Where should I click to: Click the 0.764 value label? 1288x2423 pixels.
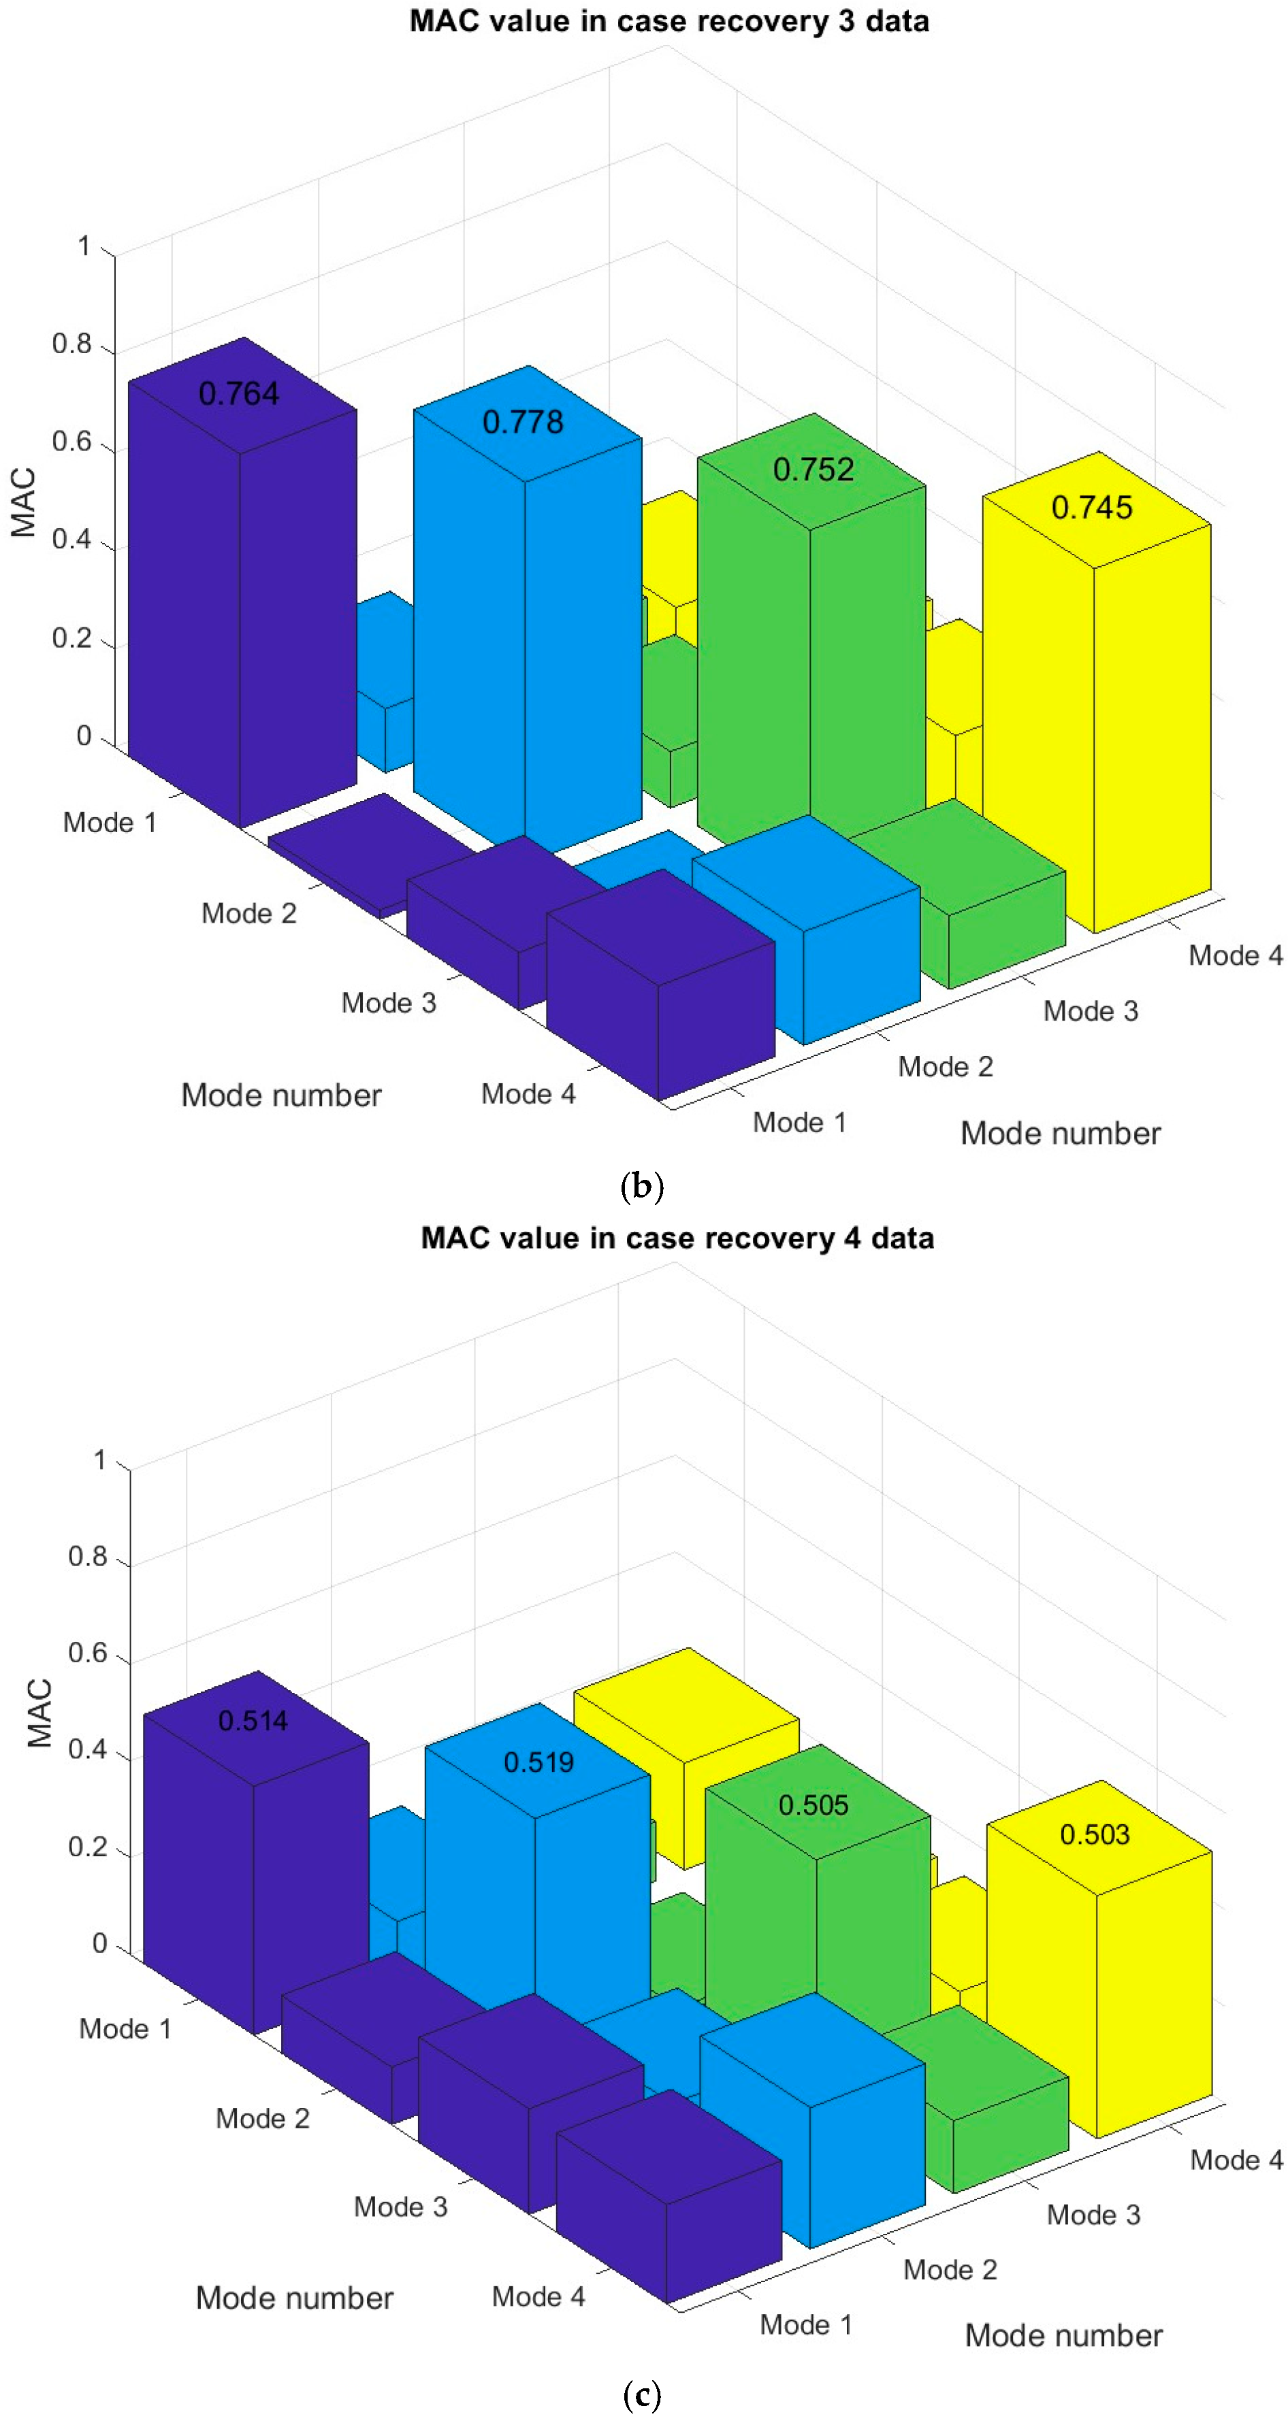[x=238, y=393]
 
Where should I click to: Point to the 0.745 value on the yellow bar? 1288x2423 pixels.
[x=1091, y=508]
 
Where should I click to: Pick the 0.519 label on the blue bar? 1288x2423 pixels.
[x=538, y=1762]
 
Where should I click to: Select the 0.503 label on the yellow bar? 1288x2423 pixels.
[x=1094, y=1834]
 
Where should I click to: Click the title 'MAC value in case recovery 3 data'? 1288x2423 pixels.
[x=669, y=20]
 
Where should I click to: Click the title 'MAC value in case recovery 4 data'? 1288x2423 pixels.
[x=677, y=1238]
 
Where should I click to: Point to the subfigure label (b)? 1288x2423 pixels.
[x=643, y=1185]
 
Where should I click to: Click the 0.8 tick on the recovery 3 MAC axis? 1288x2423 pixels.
[x=71, y=344]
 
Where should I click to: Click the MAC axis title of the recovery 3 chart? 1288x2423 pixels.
[x=24, y=502]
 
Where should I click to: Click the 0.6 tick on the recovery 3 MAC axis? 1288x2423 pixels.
[x=71, y=442]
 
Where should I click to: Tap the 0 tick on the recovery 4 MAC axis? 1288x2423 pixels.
[x=99, y=1943]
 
